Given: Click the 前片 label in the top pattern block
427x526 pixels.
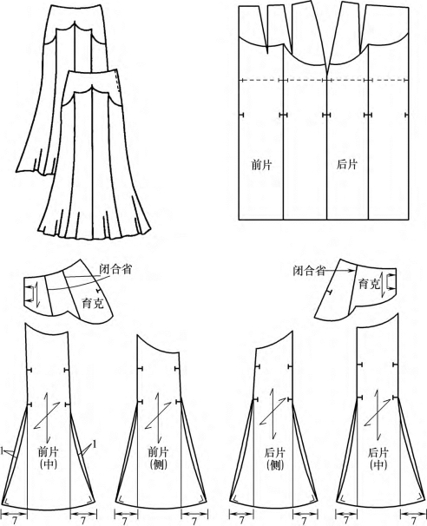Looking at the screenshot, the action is (262, 165).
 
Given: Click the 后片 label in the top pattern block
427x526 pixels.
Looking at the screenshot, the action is (347, 165).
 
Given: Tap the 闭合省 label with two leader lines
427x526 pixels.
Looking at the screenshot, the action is (115, 269).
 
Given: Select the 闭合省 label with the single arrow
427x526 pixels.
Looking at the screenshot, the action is (309, 271).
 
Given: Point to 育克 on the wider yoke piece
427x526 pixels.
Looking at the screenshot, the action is (93, 303).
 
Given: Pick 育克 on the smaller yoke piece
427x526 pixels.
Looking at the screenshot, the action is (369, 284).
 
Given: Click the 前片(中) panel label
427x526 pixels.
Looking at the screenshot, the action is (48, 458).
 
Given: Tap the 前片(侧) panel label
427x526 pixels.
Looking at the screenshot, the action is (158, 458).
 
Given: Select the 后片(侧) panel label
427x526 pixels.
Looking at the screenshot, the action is (275, 458).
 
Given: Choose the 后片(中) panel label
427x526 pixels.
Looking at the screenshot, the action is (378, 458).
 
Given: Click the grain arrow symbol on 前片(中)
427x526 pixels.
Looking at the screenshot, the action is (47, 416).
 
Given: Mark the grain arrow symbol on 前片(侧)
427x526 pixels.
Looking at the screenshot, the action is (158, 416).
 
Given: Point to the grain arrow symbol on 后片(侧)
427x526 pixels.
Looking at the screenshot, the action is (273, 413).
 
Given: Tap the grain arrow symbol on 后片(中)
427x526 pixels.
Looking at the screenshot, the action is (378, 415).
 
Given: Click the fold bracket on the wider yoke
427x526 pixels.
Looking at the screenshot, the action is (30, 293).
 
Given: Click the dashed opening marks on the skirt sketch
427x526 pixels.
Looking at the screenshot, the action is (117, 82).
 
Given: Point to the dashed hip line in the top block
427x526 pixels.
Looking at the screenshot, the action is (324, 80).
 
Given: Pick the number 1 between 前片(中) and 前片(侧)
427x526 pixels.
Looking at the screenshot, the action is (95, 444).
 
